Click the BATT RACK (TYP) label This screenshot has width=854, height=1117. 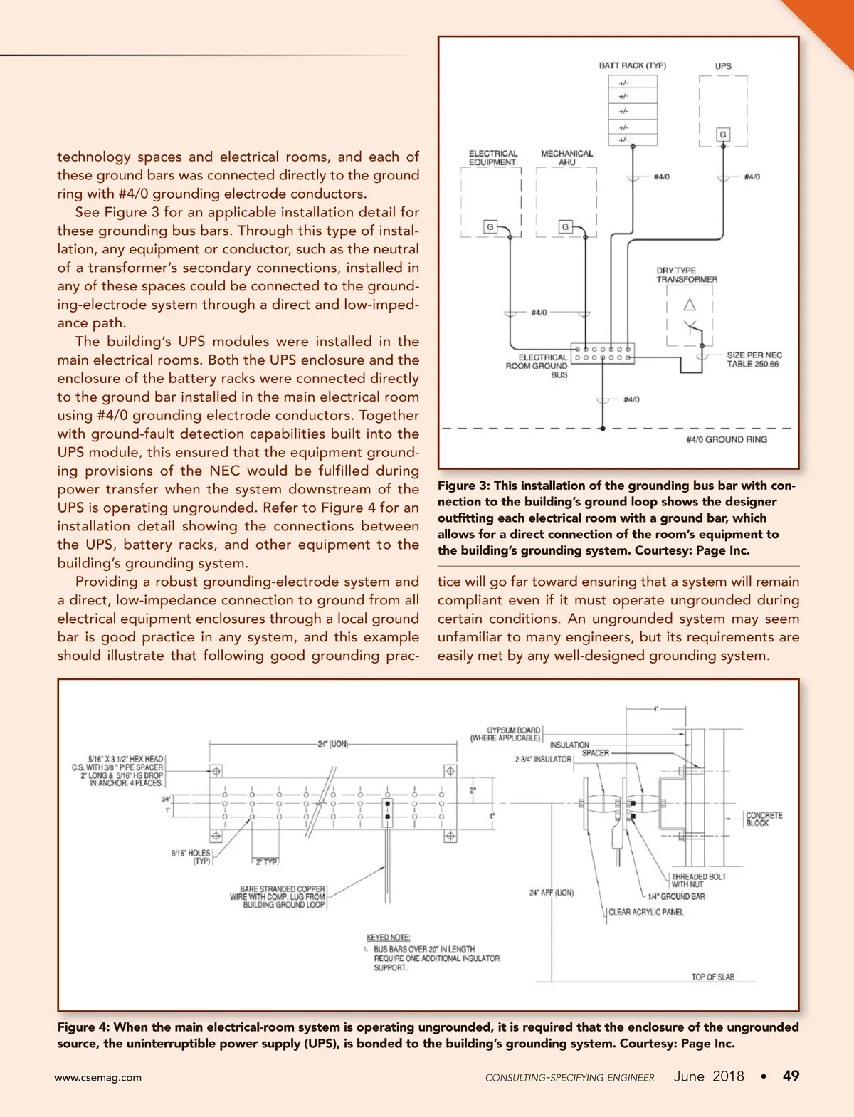click(x=632, y=65)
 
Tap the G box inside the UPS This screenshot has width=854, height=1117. click(x=723, y=135)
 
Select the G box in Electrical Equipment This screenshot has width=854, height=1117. click(x=490, y=227)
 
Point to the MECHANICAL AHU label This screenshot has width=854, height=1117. click(x=566, y=158)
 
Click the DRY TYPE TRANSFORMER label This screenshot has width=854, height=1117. click(x=686, y=275)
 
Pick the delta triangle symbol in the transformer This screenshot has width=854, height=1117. click(x=689, y=305)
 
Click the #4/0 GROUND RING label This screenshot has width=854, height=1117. click(x=726, y=440)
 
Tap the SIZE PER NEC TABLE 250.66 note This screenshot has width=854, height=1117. click(x=754, y=360)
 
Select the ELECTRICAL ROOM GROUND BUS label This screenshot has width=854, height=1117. click(x=537, y=366)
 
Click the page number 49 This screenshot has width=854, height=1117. click(x=791, y=1076)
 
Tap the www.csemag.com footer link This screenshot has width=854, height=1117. click(x=98, y=1078)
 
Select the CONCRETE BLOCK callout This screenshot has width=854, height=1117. click(x=763, y=819)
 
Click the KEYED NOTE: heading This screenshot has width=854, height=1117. click(x=388, y=938)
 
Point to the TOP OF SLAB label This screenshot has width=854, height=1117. click(x=712, y=977)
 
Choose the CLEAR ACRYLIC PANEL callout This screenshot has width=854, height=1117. click(x=646, y=912)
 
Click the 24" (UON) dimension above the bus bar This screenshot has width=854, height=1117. click(x=332, y=744)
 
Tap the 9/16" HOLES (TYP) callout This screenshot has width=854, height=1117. click(x=191, y=856)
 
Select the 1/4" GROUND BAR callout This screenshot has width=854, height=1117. click(x=675, y=896)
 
